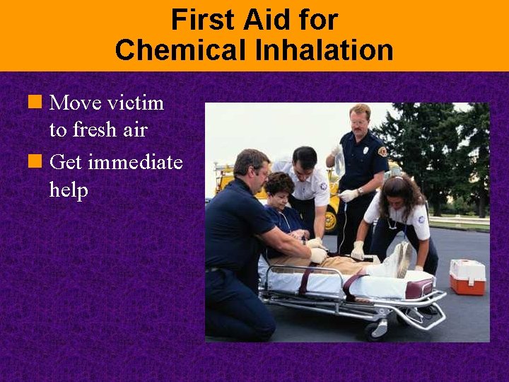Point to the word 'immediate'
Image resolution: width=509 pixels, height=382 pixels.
[x=135, y=163]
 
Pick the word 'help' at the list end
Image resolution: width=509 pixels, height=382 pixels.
[x=69, y=190]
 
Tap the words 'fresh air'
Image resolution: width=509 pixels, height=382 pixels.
[x=108, y=130]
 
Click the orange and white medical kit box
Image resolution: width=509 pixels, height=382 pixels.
[x=467, y=277]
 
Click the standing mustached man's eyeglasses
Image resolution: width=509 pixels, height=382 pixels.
[x=358, y=122]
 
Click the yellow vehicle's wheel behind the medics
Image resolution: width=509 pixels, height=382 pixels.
[x=330, y=220]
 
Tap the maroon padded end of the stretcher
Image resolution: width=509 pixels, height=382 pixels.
[x=419, y=287]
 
